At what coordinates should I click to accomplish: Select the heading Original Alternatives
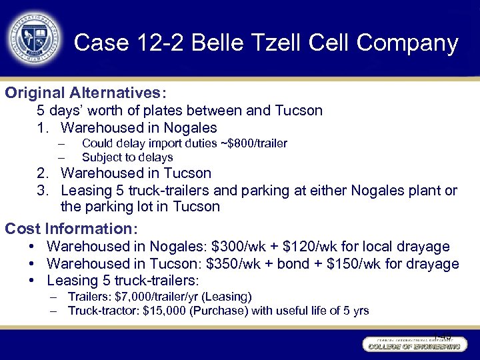click(86, 93)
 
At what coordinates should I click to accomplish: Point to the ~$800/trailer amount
click(257, 143)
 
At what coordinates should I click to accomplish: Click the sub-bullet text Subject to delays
click(127, 158)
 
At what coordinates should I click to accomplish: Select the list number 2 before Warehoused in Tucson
click(41, 173)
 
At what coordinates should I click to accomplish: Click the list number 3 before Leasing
click(41, 191)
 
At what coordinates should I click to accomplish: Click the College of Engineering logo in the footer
click(413, 345)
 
